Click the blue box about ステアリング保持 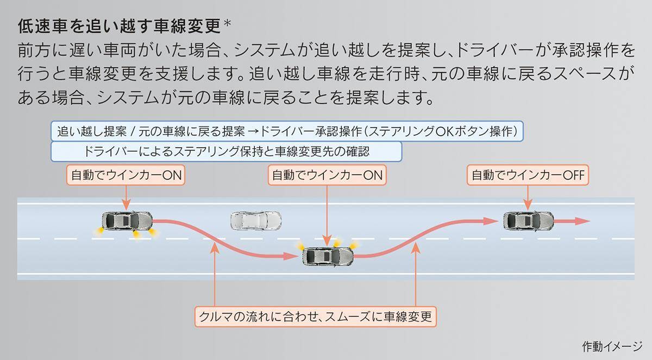[227, 151]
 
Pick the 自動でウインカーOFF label [529, 175]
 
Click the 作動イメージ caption [612, 345]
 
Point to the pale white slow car [255, 221]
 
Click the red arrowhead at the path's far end [582, 221]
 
